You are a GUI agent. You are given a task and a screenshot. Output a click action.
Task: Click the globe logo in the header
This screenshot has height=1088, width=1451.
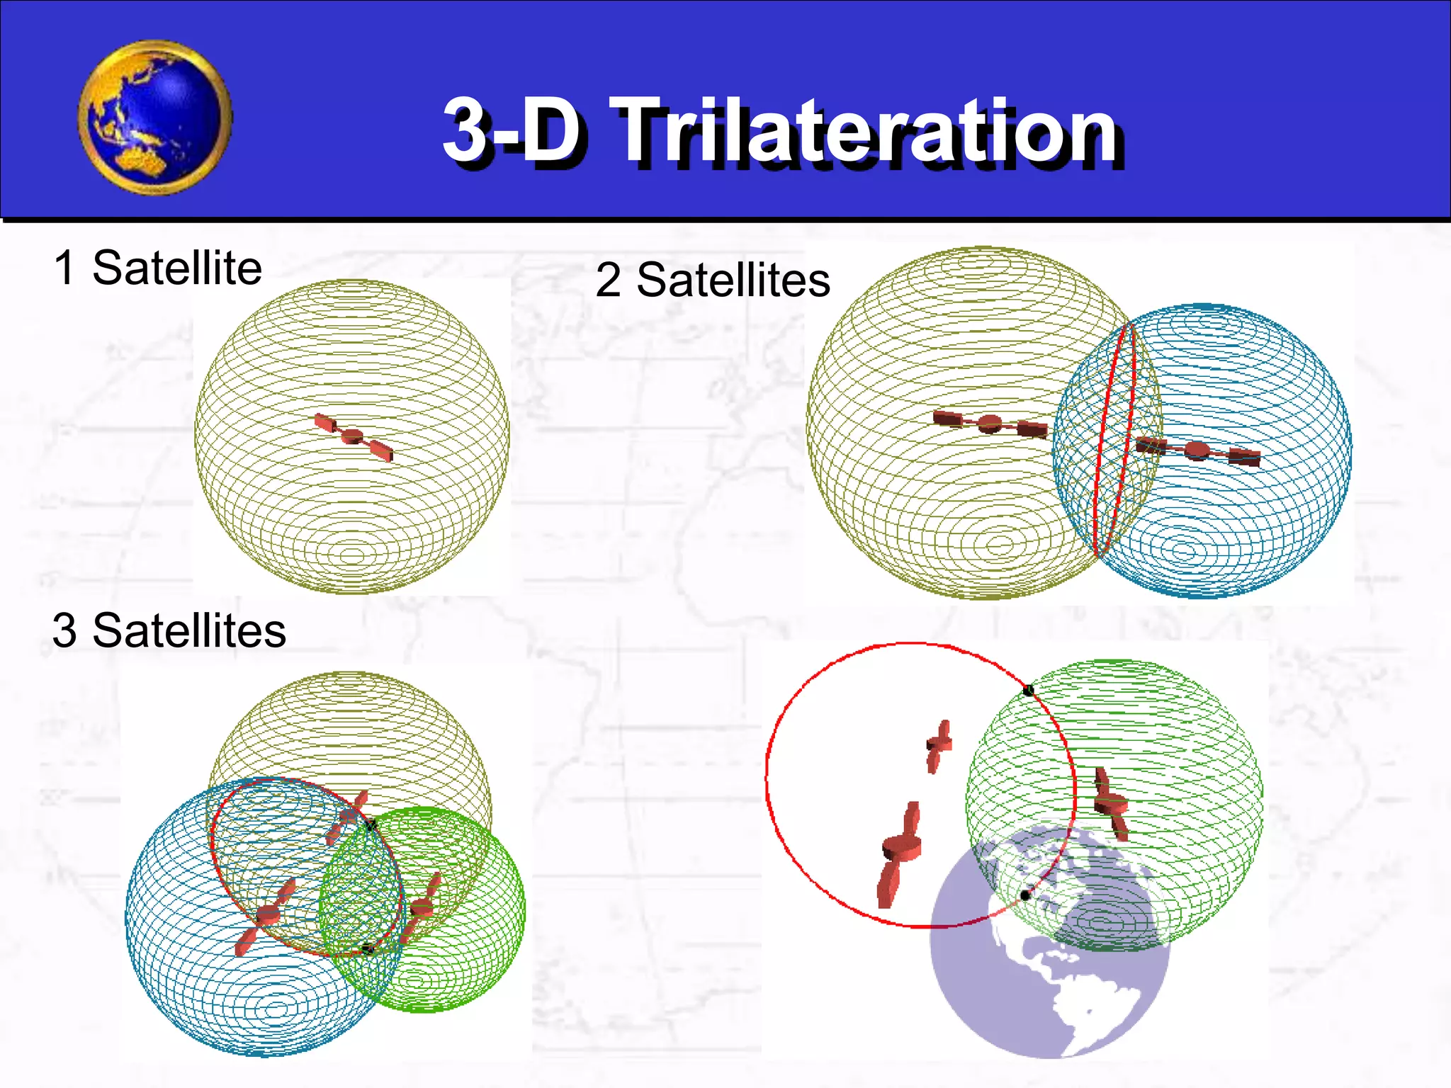pos(154,118)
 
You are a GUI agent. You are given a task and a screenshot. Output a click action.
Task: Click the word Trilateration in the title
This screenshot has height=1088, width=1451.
pos(868,131)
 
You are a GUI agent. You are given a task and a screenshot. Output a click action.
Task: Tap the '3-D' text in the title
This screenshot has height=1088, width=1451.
pos(514,130)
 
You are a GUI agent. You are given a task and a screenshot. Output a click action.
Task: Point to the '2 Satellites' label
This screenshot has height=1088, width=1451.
pos(712,280)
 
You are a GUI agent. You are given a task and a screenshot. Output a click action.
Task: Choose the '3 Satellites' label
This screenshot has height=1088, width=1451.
pos(169,630)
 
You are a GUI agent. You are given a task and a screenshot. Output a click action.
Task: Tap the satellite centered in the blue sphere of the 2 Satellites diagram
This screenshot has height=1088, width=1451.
pos(1197,450)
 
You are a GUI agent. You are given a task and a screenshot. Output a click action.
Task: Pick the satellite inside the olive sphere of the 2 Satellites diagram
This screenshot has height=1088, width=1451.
pos(990,424)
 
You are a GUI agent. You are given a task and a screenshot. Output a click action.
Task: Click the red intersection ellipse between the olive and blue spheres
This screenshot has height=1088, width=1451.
pos(1114,439)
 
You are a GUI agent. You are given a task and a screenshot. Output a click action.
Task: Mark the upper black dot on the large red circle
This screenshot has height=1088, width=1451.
pos(1029,690)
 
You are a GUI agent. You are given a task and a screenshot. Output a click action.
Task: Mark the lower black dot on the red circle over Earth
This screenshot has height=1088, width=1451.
pos(1024,896)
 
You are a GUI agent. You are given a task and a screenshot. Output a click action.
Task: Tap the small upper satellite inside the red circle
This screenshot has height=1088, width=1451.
pos(939,745)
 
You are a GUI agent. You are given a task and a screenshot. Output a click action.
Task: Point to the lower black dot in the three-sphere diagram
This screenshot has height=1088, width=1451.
pos(367,948)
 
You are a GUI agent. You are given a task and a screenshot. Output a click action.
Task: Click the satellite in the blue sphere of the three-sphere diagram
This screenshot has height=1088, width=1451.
pos(268,915)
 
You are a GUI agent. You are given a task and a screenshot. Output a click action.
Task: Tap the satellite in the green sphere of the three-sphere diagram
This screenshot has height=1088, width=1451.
pos(423,907)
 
